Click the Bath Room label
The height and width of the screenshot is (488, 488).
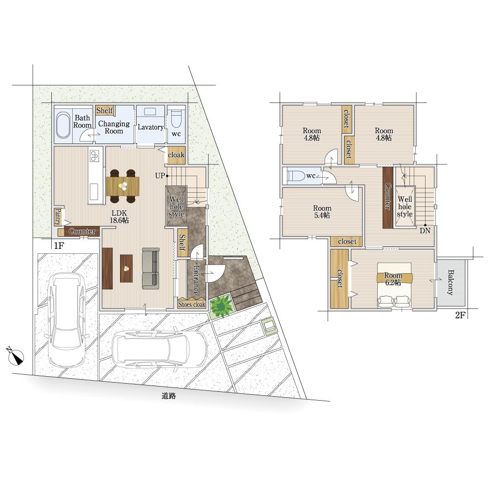(82, 122)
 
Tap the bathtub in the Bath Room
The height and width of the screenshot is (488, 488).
(64, 125)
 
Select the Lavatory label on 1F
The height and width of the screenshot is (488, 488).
(151, 127)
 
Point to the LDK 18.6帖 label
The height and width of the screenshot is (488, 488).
(119, 217)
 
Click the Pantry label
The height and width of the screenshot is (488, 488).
(58, 217)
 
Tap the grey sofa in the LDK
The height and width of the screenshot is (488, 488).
(151, 268)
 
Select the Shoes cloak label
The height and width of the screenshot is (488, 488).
(191, 305)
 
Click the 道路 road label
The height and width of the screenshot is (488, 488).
(169, 396)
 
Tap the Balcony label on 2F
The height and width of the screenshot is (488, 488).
(450, 282)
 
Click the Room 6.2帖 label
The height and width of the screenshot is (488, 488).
(393, 279)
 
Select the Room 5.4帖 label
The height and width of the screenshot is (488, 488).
(322, 212)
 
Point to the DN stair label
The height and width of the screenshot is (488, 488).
(425, 231)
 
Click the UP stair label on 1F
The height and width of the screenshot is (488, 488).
(160, 176)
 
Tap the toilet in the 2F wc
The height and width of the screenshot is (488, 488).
(295, 176)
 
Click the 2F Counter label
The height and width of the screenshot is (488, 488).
(388, 196)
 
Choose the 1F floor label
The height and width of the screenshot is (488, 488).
(59, 246)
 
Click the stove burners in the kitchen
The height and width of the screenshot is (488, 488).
(95, 156)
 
